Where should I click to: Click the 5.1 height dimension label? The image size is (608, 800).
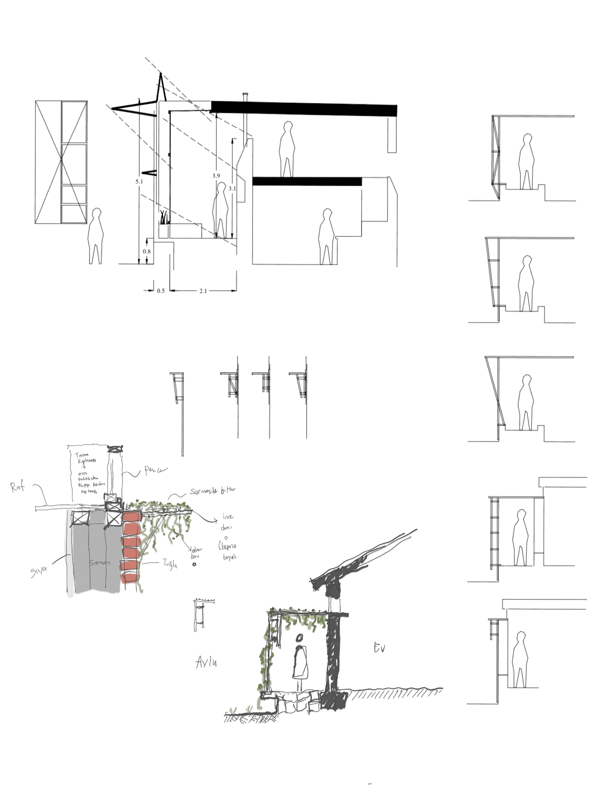pos(139,181)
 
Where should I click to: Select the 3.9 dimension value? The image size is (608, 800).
pos(216,175)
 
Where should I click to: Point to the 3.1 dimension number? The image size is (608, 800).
pos(232,189)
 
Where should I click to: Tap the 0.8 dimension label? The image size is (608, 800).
pos(147,251)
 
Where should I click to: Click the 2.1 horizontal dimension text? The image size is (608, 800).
pos(203,291)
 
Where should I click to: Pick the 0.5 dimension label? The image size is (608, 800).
pos(161,291)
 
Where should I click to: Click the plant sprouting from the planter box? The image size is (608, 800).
pos(164,218)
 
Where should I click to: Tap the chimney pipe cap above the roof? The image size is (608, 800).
pos(245,95)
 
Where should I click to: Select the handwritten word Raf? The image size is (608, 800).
pos(17,487)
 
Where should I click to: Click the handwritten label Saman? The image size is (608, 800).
pos(100,562)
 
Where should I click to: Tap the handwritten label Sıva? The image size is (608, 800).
pos(39,571)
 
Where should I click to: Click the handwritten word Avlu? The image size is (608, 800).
pos(206,662)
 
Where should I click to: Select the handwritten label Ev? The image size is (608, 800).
pos(379,648)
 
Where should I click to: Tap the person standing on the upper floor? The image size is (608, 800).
pos(287,149)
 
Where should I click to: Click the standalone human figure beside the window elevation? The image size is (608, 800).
pos(96,236)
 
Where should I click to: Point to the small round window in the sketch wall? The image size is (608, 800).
pos(299,638)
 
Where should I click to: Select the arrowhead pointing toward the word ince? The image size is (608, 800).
pos(216,521)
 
